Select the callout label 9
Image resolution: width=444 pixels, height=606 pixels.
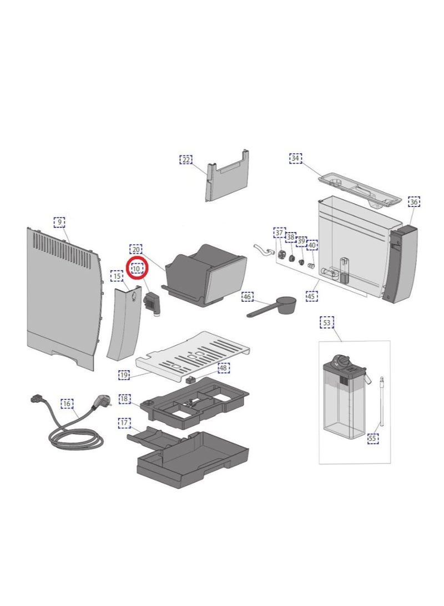pos(59,222)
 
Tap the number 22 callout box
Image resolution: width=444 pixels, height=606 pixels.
pos(186,160)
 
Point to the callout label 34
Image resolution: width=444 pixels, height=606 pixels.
pos(296,159)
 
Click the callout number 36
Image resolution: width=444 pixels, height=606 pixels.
pos(414,202)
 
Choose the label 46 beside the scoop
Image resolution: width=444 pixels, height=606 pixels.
pos(248,297)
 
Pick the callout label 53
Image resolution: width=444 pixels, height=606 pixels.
pos(327,322)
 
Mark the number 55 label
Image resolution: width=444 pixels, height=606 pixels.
pos(372,438)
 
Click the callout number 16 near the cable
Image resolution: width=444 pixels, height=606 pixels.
pos(67,404)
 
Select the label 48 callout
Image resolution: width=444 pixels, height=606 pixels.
pos(223,368)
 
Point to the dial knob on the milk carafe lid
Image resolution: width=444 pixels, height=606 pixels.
pos(340,360)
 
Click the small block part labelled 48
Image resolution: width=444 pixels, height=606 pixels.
pos(190,380)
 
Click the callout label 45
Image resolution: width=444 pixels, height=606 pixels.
pos(312,296)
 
